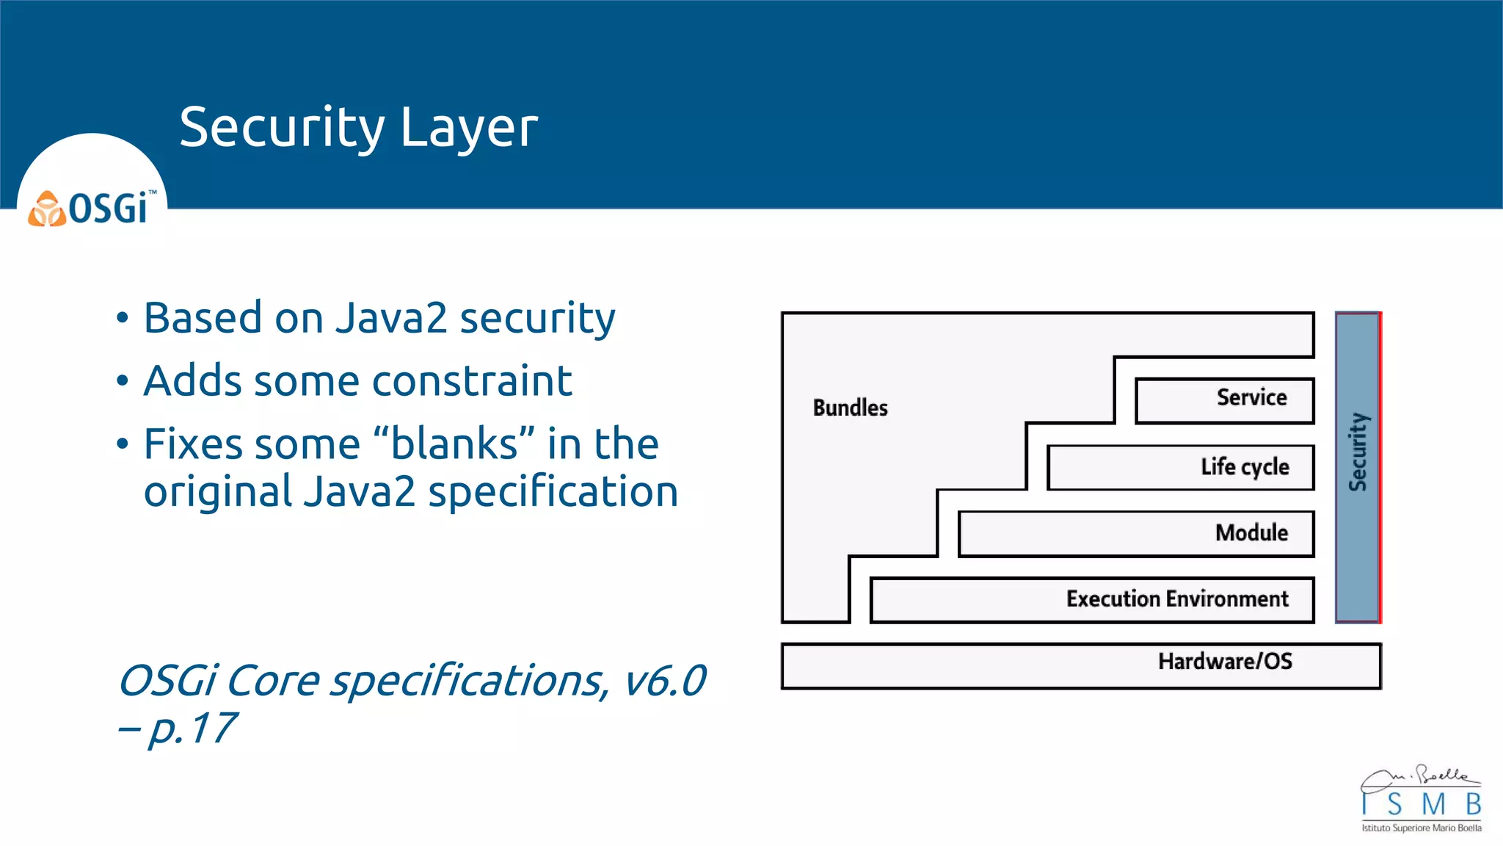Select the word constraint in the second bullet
[x=472, y=382]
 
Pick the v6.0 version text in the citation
[x=664, y=681]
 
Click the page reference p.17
[x=192, y=728]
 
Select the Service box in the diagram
[x=1224, y=400]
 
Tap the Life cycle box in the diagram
[x=1180, y=467]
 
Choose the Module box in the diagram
[x=1136, y=533]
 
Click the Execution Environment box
[x=1092, y=599]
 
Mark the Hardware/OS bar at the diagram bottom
[x=1080, y=665]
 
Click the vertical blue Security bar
[x=1357, y=467]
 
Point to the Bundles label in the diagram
[x=850, y=408]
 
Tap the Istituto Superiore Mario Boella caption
[x=1422, y=828]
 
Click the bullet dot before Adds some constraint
[x=123, y=382]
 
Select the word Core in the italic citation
[x=272, y=681]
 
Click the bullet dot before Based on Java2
[x=123, y=319]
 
